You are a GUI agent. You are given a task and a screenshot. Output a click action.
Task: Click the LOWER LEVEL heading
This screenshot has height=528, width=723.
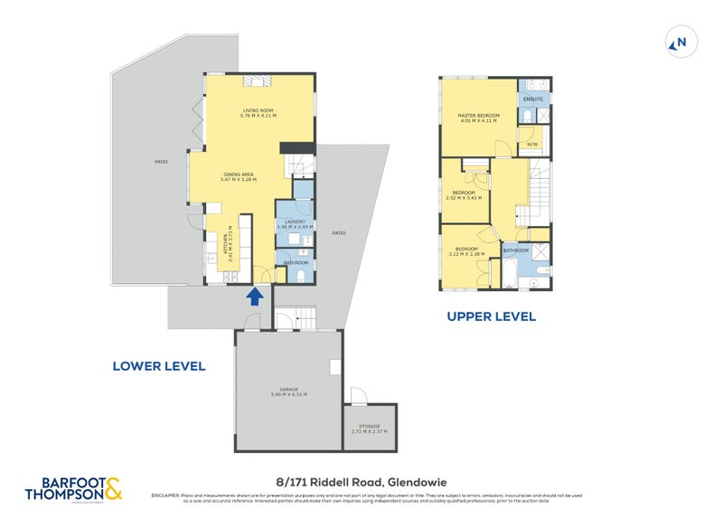click(159, 366)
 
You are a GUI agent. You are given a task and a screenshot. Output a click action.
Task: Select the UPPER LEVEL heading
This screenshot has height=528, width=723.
click(492, 316)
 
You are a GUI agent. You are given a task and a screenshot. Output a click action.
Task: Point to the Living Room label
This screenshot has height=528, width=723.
click(258, 113)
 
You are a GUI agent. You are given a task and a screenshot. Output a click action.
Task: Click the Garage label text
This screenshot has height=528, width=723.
click(288, 392)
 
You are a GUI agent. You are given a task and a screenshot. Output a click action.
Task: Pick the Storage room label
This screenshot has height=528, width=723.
click(369, 429)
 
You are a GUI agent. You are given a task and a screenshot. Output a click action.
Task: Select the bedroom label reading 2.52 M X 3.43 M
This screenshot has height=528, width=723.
click(466, 195)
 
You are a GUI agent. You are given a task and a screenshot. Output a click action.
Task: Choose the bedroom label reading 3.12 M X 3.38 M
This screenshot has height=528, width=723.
click(466, 251)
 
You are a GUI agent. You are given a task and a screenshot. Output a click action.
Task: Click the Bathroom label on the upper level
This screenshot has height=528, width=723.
click(516, 250)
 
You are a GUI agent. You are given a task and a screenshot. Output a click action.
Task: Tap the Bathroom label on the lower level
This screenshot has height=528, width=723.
click(296, 263)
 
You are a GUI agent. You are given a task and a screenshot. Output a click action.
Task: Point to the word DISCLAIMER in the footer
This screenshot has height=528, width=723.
click(167, 495)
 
